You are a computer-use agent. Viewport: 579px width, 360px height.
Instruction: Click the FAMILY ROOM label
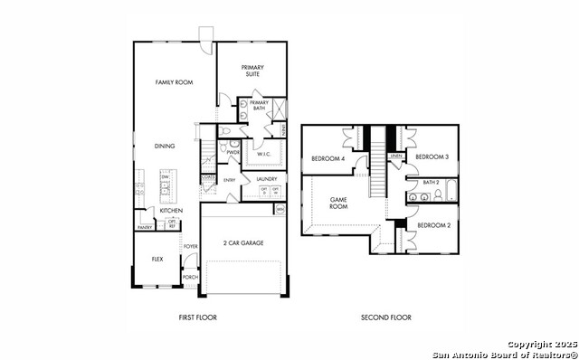click(x=174, y=82)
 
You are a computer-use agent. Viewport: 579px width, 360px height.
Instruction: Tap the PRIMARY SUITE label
click(x=251, y=70)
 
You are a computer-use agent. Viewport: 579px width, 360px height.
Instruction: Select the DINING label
click(x=164, y=146)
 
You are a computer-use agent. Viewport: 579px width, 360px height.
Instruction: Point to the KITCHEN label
click(x=171, y=210)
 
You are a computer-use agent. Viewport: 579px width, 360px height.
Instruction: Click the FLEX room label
click(x=157, y=259)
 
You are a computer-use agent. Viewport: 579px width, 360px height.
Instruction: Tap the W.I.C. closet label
click(x=265, y=154)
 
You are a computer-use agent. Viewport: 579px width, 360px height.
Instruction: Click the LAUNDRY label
click(x=266, y=179)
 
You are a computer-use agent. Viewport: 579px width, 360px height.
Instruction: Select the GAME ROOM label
click(x=338, y=203)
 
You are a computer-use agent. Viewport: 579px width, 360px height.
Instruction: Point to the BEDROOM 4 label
click(x=327, y=159)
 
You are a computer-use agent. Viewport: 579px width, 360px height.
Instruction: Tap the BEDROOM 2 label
click(x=434, y=224)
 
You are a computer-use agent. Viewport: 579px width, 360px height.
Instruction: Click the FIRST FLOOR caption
click(x=198, y=317)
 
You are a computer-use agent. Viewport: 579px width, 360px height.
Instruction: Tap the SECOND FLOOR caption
click(x=386, y=317)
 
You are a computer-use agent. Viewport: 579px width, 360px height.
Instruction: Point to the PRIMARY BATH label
click(x=260, y=105)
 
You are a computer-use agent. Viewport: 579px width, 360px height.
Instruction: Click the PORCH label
click(x=190, y=277)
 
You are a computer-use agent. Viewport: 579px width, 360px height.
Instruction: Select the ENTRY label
click(x=230, y=180)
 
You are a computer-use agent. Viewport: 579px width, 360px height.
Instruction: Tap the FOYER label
click(x=190, y=245)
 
